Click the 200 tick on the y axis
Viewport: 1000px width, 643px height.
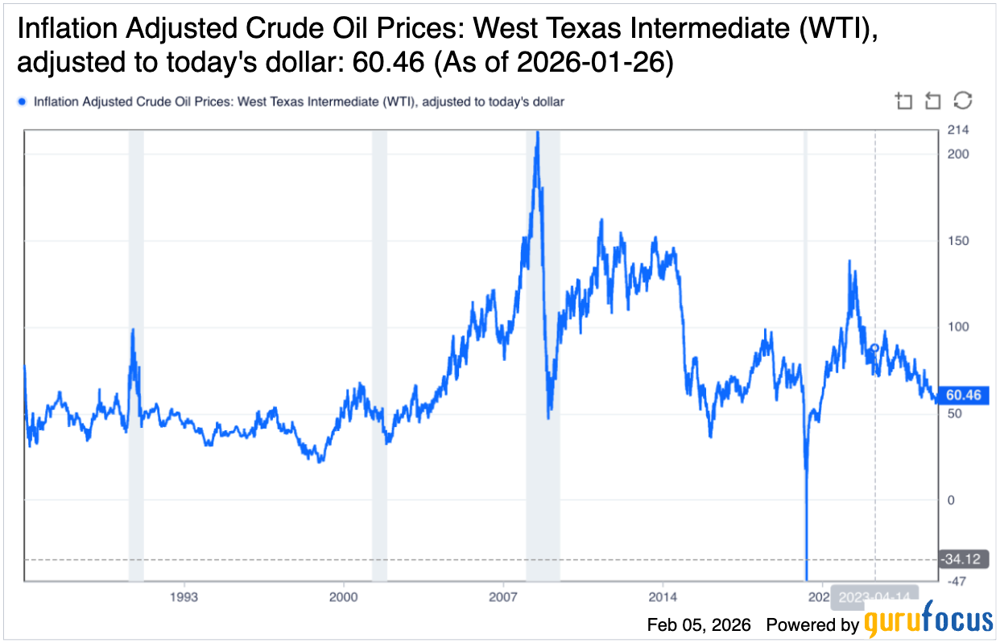coord(957,154)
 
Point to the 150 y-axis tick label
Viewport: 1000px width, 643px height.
coord(957,241)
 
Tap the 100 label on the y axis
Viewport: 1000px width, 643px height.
coord(957,327)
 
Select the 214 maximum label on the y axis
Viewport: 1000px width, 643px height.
coord(957,131)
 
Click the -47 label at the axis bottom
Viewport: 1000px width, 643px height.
coord(957,581)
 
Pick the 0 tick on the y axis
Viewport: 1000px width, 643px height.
coord(951,500)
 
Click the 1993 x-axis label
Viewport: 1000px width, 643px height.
coord(184,597)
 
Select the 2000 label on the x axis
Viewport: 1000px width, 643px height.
coord(343,597)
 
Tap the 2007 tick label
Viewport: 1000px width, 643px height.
coord(502,597)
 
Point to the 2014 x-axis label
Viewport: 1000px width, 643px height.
coord(662,597)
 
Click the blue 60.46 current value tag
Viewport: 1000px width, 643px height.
coord(963,395)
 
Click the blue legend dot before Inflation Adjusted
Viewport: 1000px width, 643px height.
coord(22,102)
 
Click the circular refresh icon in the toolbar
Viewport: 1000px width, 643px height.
coord(962,101)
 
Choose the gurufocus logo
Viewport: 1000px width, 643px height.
coord(928,621)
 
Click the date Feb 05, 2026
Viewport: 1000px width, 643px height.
coord(699,624)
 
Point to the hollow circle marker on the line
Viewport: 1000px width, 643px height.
coord(875,348)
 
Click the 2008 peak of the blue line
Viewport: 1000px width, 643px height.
coord(538,133)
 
